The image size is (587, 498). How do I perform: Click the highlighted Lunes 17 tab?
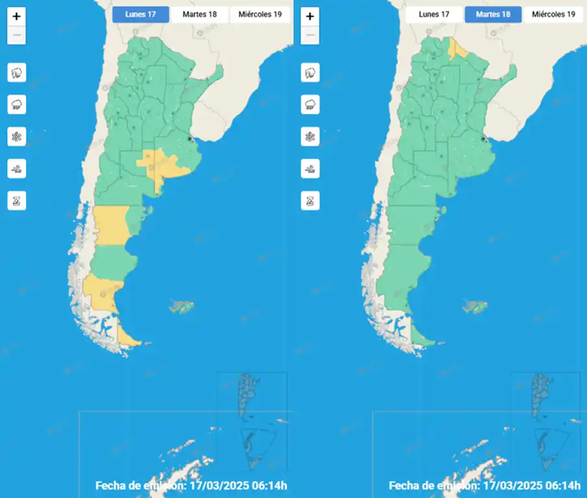tap(140, 14)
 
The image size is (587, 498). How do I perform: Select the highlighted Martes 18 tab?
tap(493, 14)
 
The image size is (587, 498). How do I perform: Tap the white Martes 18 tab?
tap(200, 14)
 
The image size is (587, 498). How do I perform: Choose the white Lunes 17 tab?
tap(434, 14)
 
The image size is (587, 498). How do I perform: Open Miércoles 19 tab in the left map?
tap(260, 14)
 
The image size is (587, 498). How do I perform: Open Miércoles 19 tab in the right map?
tap(553, 14)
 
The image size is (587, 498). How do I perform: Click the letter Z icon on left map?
tap(17, 201)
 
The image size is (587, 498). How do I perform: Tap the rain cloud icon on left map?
tap(17, 104)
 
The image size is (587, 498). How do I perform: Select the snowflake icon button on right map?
tap(310, 137)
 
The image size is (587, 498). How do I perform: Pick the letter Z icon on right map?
tap(310, 201)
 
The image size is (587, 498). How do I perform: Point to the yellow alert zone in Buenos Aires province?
tap(162, 165)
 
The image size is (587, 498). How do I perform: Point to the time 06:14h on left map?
tap(270, 486)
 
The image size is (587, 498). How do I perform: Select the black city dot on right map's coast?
tap(484, 139)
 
